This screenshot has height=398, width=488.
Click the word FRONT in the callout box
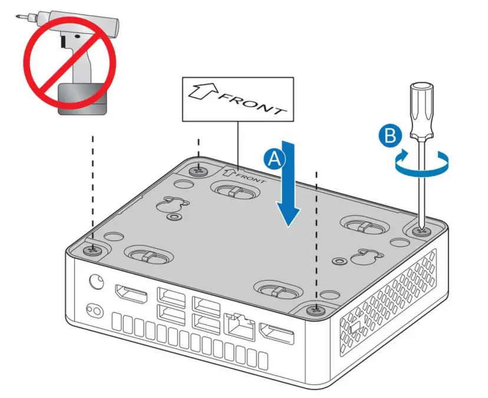coord(253,104)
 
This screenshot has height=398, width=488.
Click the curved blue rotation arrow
coord(422,164)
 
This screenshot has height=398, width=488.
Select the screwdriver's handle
coord(422,110)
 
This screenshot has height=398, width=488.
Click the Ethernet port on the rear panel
coord(238,326)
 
